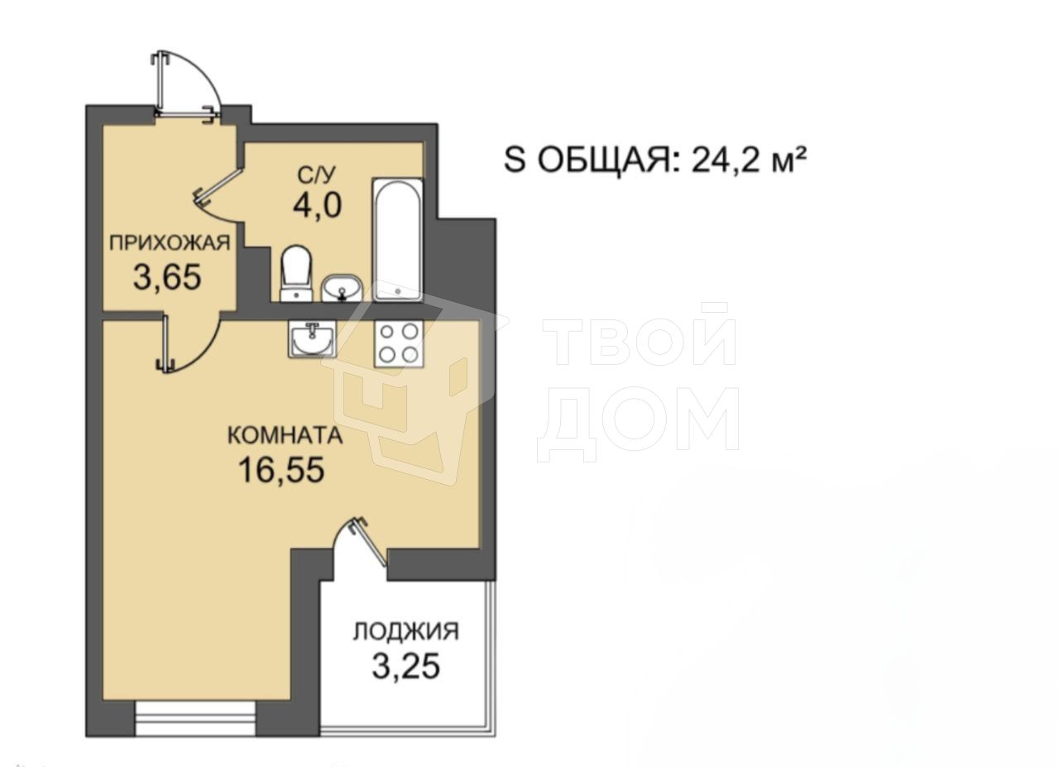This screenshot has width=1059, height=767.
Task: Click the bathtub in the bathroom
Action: pos(397,239)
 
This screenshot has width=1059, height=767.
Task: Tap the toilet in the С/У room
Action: pos(296,273)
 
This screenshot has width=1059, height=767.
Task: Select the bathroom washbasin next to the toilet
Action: pos(342,287)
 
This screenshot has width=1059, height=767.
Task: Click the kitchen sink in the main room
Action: pos(311,338)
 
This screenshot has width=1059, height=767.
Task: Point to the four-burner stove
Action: pos(399,343)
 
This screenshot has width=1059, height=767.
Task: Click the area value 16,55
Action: pos(282,470)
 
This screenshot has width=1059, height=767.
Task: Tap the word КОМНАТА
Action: pos(285,435)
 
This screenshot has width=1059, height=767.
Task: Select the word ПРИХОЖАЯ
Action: pos(170,243)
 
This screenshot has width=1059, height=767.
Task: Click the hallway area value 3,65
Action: pos(167,276)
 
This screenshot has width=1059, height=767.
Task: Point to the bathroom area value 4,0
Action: pos(317,206)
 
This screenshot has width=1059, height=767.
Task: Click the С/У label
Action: pos(316,175)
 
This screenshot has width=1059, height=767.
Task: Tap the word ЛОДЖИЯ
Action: pos(406,632)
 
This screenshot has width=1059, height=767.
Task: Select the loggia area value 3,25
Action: pos(406,666)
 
